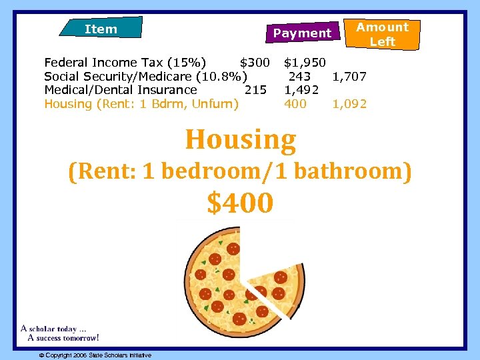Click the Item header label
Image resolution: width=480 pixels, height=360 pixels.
click(x=101, y=29)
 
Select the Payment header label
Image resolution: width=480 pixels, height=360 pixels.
click(x=302, y=33)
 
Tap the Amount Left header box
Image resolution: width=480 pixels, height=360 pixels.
click(x=382, y=34)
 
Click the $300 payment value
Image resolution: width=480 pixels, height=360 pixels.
click(x=255, y=63)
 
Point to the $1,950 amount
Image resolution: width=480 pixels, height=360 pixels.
click(x=305, y=63)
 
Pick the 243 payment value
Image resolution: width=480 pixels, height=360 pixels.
click(x=299, y=77)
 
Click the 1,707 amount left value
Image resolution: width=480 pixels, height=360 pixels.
click(x=349, y=77)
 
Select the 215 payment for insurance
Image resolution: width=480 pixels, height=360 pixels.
click(x=256, y=90)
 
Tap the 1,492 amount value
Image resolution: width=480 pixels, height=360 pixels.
click(x=301, y=90)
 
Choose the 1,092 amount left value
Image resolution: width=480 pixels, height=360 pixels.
click(x=349, y=104)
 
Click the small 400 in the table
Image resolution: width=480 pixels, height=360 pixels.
click(x=295, y=104)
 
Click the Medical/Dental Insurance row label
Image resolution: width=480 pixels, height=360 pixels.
click(x=121, y=90)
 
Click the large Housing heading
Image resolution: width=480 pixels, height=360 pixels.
click(x=240, y=139)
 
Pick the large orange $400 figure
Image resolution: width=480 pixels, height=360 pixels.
click(x=240, y=203)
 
